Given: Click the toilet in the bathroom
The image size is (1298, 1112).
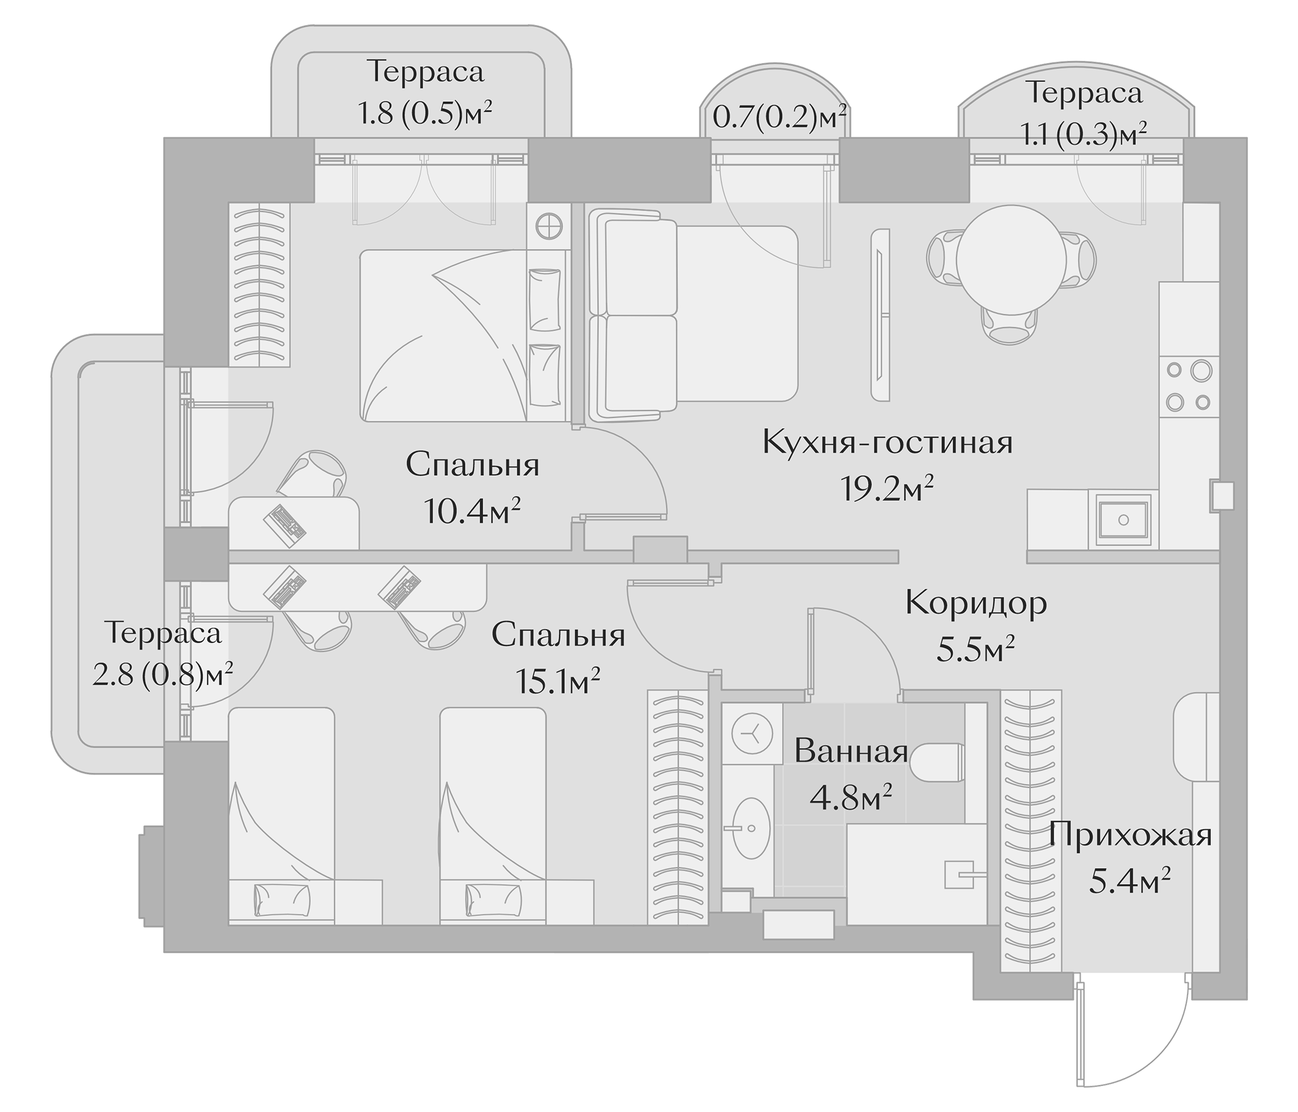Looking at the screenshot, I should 937,762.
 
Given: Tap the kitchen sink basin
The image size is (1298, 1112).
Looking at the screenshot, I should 1123,519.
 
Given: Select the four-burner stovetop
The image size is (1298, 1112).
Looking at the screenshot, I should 1189,386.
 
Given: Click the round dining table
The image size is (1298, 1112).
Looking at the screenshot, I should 1012,259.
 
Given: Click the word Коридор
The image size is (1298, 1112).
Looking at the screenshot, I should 975,604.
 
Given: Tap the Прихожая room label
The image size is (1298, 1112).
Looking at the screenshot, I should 1130,835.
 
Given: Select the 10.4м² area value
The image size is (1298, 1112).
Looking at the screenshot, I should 472,512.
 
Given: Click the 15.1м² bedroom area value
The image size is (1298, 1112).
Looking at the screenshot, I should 558,681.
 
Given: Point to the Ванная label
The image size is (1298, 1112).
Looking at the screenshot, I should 850,751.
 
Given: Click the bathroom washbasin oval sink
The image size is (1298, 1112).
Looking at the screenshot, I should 751,828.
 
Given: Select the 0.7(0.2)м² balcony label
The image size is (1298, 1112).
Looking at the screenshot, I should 779,117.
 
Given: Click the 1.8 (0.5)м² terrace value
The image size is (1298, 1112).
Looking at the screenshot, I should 425,114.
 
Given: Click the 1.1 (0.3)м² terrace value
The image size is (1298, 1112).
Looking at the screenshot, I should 1084,133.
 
